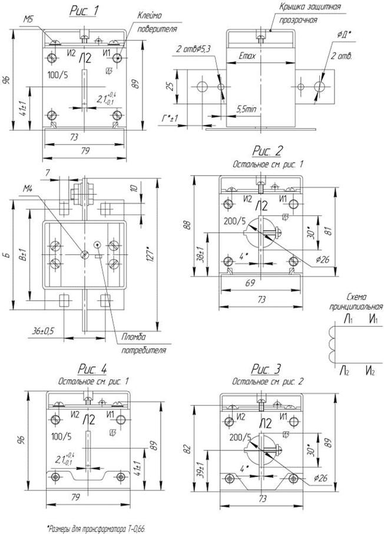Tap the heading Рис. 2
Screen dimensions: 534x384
point(268,152)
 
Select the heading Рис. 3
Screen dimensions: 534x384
point(267,370)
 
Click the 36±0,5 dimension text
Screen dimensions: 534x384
point(42,330)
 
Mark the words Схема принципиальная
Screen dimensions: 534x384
point(356,302)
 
